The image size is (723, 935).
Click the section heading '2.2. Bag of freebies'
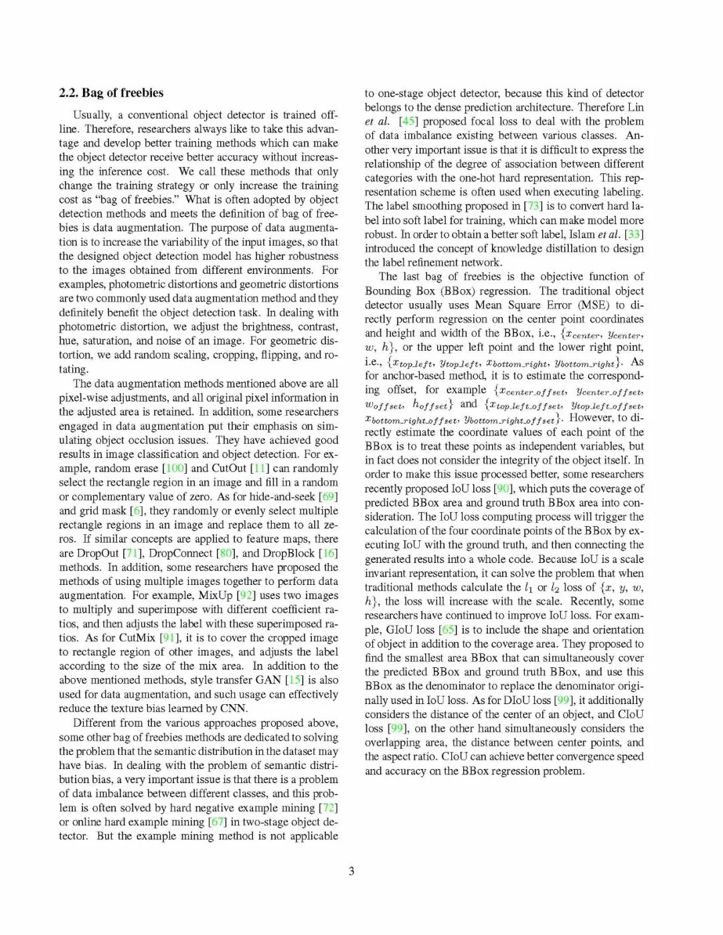pyautogui.click(x=111, y=93)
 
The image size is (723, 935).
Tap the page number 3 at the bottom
pyautogui.click(x=351, y=871)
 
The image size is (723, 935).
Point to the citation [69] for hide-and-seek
pyautogui.click(x=328, y=497)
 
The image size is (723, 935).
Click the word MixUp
pyautogui.click(x=216, y=596)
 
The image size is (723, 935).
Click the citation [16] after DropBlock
pyautogui.click(x=328, y=554)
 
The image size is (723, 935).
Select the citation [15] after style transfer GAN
pyautogui.click(x=295, y=680)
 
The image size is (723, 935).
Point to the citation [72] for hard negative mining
pyautogui.click(x=328, y=808)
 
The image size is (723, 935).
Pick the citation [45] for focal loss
pyautogui.click(x=408, y=122)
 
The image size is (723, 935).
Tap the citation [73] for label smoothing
pyautogui.click(x=533, y=206)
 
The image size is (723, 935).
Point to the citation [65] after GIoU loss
pyautogui.click(x=447, y=630)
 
